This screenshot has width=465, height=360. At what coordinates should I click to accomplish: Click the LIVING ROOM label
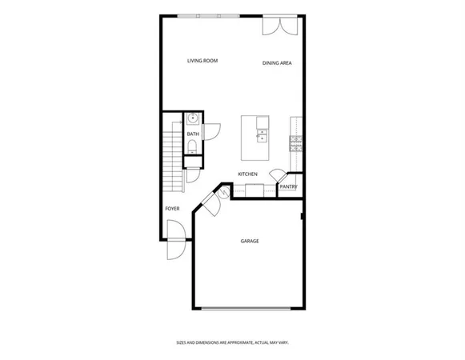[202, 61]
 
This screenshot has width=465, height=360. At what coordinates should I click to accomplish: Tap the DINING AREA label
[276, 63]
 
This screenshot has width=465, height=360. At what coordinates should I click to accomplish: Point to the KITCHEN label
[247, 174]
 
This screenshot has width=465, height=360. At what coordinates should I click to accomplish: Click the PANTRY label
[288, 187]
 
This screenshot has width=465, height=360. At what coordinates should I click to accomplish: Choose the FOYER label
[172, 209]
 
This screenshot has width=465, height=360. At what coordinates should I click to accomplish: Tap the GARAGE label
[250, 241]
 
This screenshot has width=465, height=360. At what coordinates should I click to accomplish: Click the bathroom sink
[192, 120]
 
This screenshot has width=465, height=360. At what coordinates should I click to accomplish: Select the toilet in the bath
[192, 145]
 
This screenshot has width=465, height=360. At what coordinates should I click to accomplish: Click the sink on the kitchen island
[263, 135]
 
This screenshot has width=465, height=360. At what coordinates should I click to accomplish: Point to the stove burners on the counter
[296, 144]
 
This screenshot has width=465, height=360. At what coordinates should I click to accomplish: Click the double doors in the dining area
[283, 26]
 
